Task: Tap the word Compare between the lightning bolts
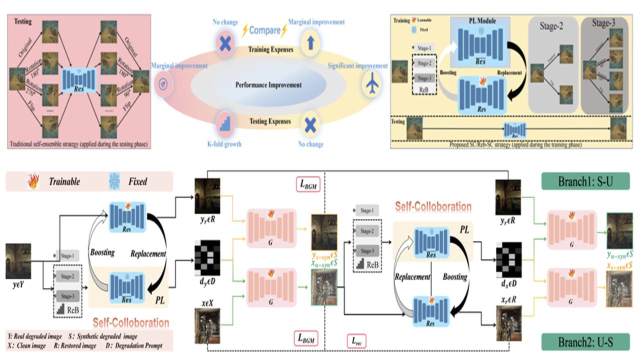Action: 265,30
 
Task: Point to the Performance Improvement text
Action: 268,85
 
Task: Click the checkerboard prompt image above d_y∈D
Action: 207,261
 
